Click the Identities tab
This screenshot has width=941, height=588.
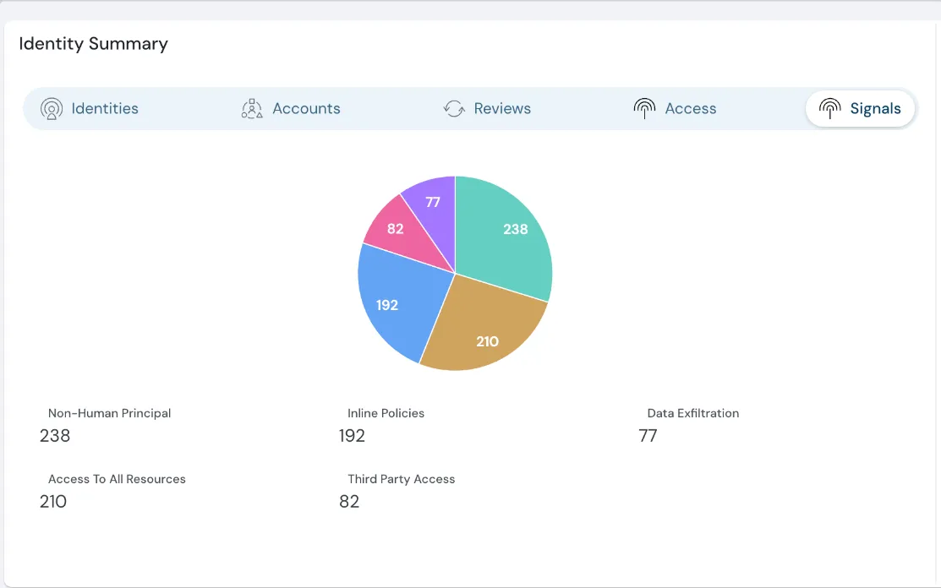(90, 108)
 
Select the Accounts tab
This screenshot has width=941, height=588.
(291, 108)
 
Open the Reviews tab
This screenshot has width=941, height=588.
(488, 108)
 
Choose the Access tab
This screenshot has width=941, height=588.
(675, 108)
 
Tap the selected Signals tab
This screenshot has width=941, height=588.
(860, 108)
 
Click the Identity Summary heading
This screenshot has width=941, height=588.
(94, 44)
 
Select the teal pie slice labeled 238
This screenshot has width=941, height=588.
(507, 237)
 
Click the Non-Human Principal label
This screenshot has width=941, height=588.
(109, 413)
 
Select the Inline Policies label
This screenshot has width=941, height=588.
(386, 413)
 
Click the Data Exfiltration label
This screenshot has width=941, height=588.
(692, 413)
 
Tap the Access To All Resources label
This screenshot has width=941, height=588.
(117, 479)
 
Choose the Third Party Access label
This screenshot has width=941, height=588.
(401, 479)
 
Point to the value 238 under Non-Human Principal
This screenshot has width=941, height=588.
(55, 436)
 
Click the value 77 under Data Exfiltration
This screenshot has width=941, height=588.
(648, 436)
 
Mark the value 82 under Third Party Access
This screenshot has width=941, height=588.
(349, 502)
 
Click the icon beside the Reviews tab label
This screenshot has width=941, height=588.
(455, 108)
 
